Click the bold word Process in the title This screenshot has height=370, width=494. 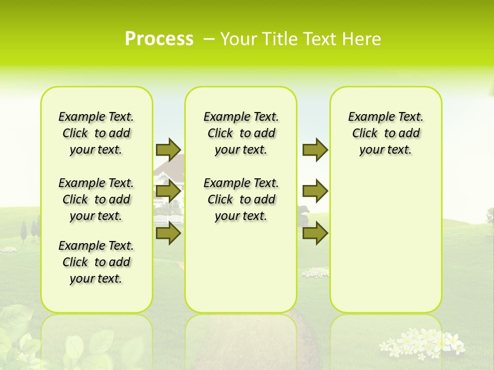pos(159,39)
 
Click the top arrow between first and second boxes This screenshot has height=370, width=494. pos(168,150)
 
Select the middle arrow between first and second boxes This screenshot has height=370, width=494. pos(168,192)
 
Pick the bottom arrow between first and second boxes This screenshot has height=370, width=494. pos(168,233)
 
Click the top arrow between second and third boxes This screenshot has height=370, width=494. pos(315,150)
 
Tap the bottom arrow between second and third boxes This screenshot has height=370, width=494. pos(315,233)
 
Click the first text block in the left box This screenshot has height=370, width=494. pos(96,133)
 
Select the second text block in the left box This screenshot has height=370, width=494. pos(96,199)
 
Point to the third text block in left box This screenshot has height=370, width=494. pos(96,262)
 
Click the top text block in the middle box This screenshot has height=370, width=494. pos(241,133)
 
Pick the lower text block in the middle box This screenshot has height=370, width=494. pos(241,199)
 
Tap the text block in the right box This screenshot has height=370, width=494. pos(385,133)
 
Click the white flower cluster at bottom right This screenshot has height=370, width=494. pos(422,342)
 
